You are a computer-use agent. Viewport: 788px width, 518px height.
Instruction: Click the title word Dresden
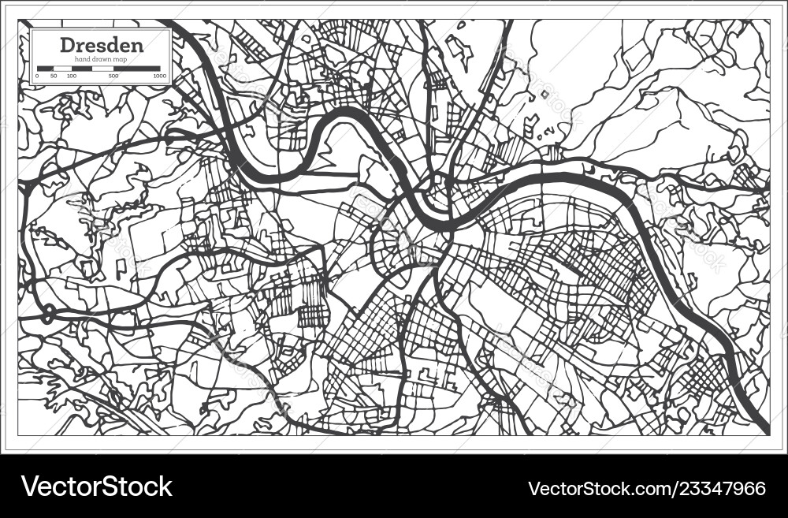(102, 44)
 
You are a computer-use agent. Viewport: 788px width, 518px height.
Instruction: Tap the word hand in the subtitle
(83, 59)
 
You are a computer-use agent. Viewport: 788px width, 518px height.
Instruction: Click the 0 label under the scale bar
(37, 76)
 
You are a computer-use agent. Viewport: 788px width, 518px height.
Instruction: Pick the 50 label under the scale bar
(54, 76)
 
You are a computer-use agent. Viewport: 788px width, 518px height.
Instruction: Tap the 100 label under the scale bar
(72, 76)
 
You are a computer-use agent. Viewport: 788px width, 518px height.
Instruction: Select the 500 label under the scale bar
(113, 76)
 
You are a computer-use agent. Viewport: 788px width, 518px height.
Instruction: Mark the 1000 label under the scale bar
(159, 76)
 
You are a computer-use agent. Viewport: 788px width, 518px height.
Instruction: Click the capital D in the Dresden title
(66, 44)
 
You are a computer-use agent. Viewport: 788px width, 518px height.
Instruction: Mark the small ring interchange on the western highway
(48, 314)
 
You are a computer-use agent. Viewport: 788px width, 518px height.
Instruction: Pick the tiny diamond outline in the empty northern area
(544, 94)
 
